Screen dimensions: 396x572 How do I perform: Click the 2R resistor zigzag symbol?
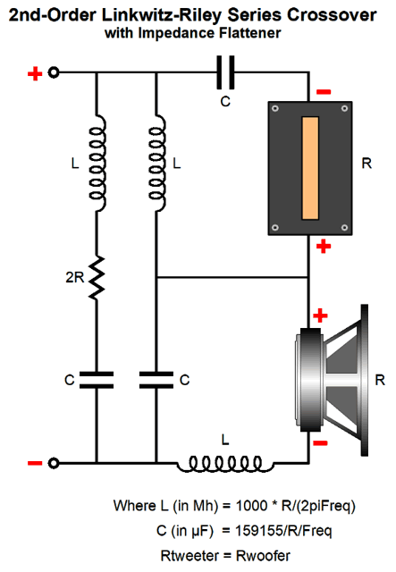click(97, 278)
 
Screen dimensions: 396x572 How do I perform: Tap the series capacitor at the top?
click(225, 72)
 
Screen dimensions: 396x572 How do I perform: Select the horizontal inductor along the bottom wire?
click(225, 464)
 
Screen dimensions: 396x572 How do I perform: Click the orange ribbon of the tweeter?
click(310, 168)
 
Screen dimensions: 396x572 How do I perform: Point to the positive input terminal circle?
click(54, 72)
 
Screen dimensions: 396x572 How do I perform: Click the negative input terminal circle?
click(54, 463)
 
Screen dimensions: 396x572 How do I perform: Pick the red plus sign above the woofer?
click(320, 315)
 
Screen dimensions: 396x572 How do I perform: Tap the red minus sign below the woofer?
click(320, 443)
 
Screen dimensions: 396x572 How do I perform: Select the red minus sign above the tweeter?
click(324, 92)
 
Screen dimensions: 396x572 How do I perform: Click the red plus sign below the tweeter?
click(324, 247)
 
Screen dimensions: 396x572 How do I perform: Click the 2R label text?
click(75, 278)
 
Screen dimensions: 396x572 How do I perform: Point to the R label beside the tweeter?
click(367, 163)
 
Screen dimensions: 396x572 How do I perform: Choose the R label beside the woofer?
click(380, 380)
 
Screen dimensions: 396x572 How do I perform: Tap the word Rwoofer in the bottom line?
click(263, 556)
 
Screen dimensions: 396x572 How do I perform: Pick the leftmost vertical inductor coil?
click(97, 163)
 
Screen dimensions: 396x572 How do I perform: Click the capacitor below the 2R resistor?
click(97, 380)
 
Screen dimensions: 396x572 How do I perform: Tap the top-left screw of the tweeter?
click(275, 108)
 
